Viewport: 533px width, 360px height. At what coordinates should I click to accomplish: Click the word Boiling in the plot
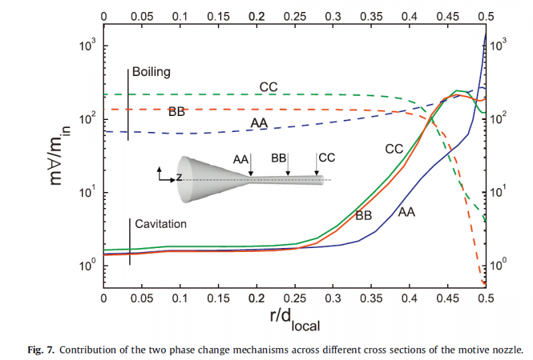click(x=151, y=71)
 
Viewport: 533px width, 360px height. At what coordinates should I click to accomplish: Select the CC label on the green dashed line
click(x=268, y=86)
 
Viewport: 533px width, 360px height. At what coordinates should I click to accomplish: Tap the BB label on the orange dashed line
click(x=177, y=112)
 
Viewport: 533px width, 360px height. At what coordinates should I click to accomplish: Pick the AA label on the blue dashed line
click(x=260, y=123)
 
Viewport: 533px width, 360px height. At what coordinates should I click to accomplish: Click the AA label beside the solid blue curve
click(x=407, y=212)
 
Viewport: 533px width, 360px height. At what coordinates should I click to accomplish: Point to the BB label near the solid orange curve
click(x=364, y=215)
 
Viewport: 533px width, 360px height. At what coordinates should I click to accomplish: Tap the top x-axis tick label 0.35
click(x=371, y=14)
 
